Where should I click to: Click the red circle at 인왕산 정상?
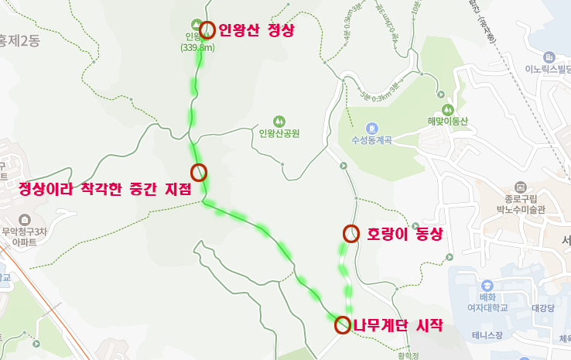(207, 29)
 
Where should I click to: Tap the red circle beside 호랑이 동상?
(352, 233)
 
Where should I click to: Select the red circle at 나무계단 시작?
(342, 325)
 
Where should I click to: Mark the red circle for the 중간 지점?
(199, 172)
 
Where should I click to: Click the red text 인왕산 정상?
(257, 31)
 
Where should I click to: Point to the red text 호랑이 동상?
(404, 234)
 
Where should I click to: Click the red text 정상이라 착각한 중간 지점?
(104, 189)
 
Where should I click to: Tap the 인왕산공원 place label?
(279, 133)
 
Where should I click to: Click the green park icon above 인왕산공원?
(279, 121)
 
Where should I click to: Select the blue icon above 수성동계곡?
(371, 128)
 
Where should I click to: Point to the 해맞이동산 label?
(446, 121)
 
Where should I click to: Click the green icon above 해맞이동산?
(446, 108)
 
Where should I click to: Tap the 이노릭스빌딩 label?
(548, 70)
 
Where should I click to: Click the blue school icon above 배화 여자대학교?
(487, 285)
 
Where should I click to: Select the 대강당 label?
(541, 308)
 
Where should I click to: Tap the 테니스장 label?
(487, 335)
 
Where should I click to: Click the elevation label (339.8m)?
(197, 47)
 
